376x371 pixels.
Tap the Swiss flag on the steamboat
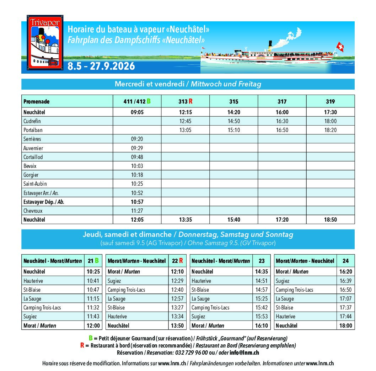[x=340, y=47]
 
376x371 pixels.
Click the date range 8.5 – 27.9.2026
[x=101, y=66]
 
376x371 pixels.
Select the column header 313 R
[x=185, y=101]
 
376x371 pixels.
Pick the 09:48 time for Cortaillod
[x=137, y=157]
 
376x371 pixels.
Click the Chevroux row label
[x=33, y=211]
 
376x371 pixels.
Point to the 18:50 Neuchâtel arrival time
[x=330, y=220]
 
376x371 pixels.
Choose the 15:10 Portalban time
[x=233, y=130]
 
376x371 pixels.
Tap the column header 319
[x=330, y=101]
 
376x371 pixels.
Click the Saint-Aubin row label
[x=35, y=184]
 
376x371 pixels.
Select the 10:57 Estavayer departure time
[x=137, y=202]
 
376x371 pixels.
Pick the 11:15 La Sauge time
[x=93, y=299]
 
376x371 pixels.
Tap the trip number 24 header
[x=345, y=261]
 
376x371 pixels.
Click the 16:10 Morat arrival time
[x=262, y=325]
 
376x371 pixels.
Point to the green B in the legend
[x=91, y=338]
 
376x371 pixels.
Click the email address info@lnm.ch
[x=244, y=353]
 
